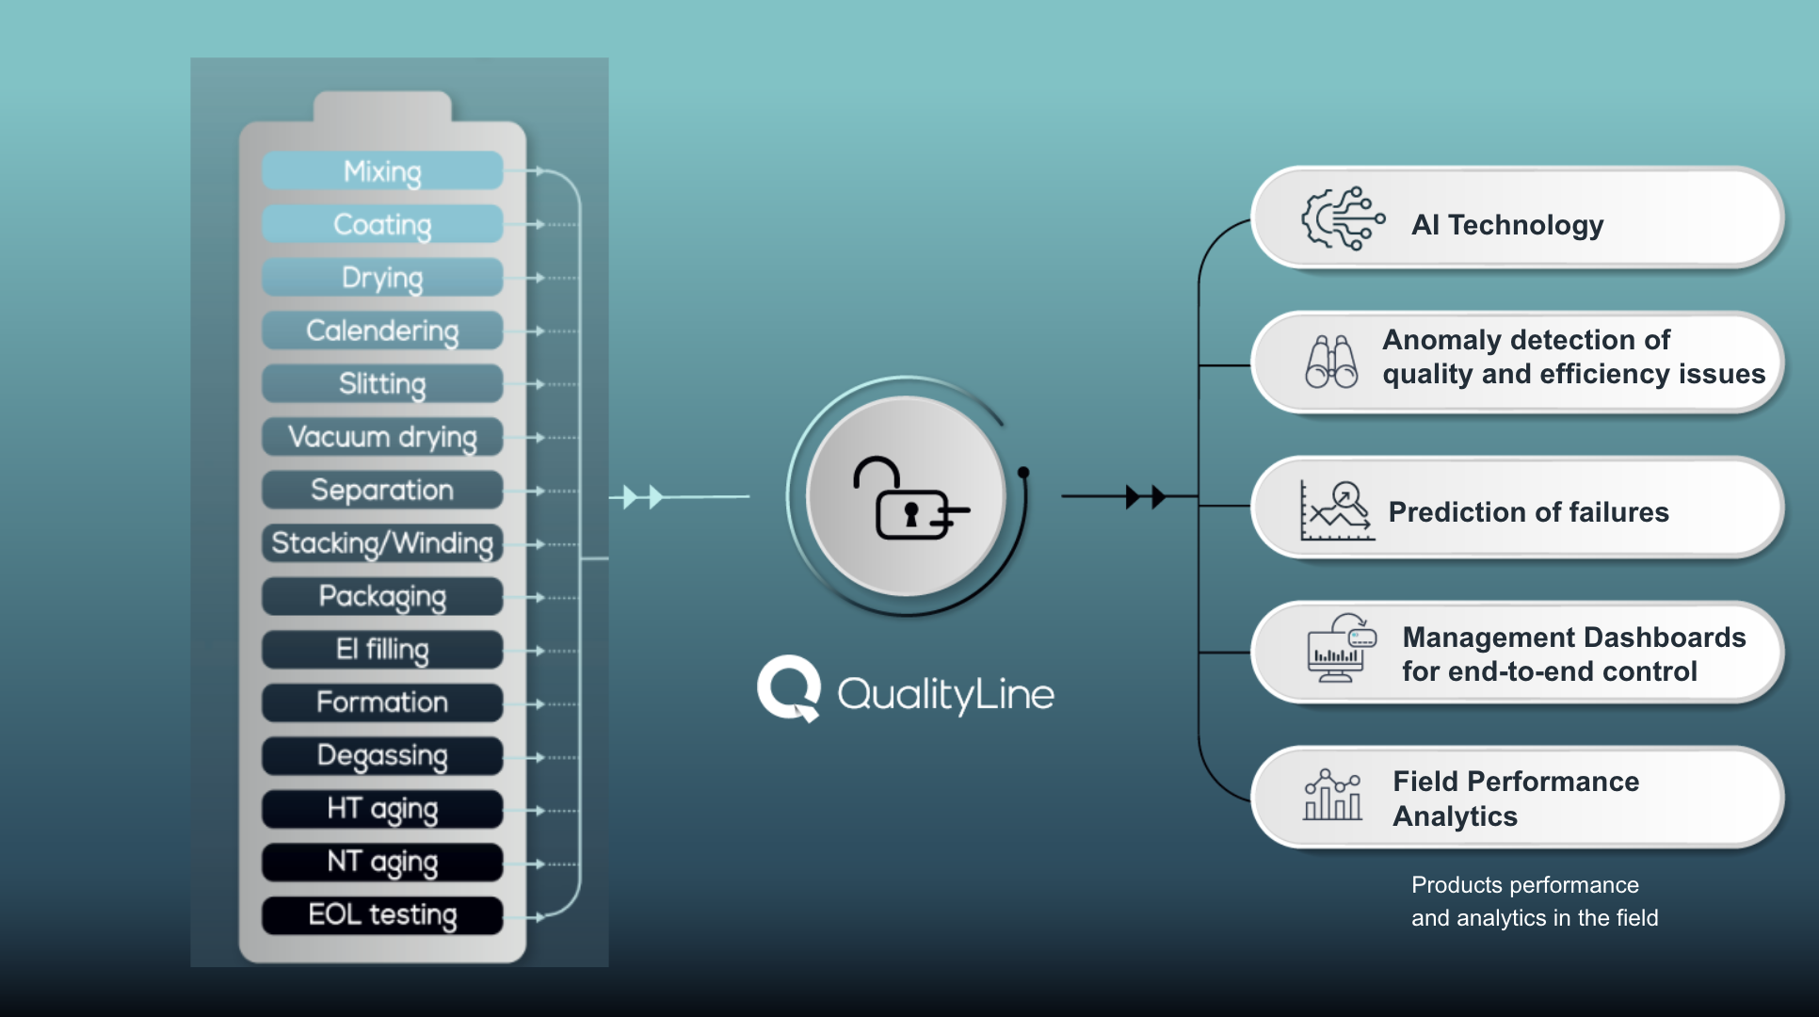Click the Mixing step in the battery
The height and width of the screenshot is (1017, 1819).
pos(382,171)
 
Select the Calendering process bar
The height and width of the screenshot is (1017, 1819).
pos(382,331)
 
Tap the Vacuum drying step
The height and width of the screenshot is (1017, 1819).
pos(382,437)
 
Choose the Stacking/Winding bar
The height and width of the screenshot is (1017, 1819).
pos(382,543)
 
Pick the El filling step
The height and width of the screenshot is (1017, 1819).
pos(382,650)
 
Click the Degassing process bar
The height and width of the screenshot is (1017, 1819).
pos(382,756)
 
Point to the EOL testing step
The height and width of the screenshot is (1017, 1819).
pos(382,915)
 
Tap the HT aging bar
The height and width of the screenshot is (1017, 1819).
pos(382,809)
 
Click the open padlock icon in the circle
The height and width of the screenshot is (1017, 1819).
pos(909,499)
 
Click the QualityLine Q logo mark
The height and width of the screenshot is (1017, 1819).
pos(789,688)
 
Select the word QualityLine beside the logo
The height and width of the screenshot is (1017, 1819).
pos(945,695)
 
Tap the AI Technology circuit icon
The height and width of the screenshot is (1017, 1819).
pos(1342,218)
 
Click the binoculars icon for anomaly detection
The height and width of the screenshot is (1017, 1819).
pos(1331,363)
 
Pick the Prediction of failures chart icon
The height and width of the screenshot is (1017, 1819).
pos(1337,511)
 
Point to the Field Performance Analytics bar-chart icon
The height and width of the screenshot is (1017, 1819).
pos(1332,796)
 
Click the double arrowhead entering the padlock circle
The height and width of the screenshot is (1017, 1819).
pos(643,496)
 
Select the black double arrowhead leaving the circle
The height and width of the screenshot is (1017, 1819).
pos(1146,496)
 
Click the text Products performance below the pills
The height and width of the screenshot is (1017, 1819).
pos(1524,885)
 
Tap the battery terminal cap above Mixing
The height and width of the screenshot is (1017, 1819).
pos(382,106)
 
